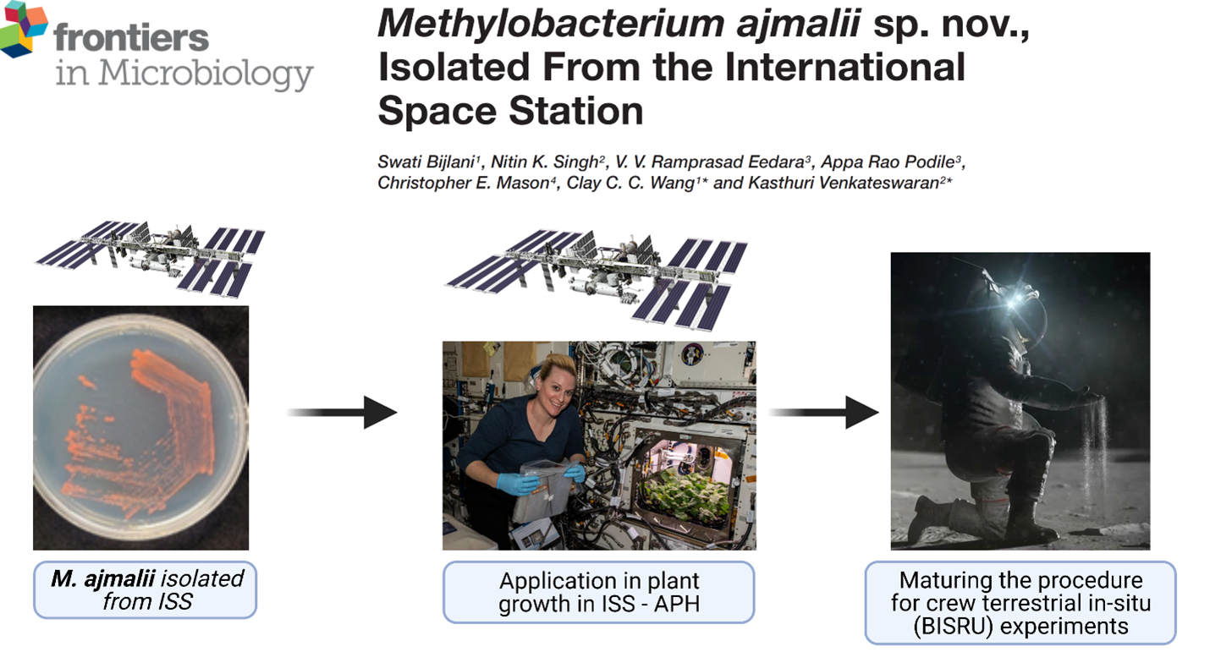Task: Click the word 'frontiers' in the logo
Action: coord(131,37)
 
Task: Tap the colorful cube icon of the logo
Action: coord(23,29)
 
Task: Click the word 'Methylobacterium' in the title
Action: coord(551,25)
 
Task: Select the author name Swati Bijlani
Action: coord(426,162)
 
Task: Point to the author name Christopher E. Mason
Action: coord(463,183)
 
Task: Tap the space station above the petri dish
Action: coord(150,258)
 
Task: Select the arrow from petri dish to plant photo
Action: coord(343,413)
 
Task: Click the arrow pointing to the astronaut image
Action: coord(824,413)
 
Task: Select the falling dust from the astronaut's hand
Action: coord(1097,448)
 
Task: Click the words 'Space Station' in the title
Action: coord(510,111)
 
